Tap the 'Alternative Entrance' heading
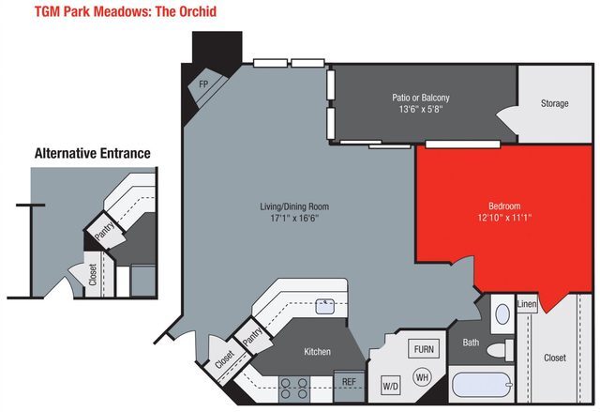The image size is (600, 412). click(92, 153)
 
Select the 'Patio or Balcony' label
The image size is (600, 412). click(420, 98)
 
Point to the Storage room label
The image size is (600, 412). click(554, 103)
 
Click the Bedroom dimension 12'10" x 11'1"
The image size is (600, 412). click(490, 217)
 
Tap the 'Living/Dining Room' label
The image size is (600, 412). click(294, 206)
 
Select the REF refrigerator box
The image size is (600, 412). click(348, 382)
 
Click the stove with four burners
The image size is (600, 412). click(295, 386)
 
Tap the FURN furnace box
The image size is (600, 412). click(425, 349)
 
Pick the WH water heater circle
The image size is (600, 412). click(422, 378)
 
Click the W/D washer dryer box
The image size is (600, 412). click(389, 386)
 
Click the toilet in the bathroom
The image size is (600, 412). click(499, 348)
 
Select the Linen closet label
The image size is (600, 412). click(527, 304)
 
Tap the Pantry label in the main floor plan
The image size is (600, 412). click(252, 336)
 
